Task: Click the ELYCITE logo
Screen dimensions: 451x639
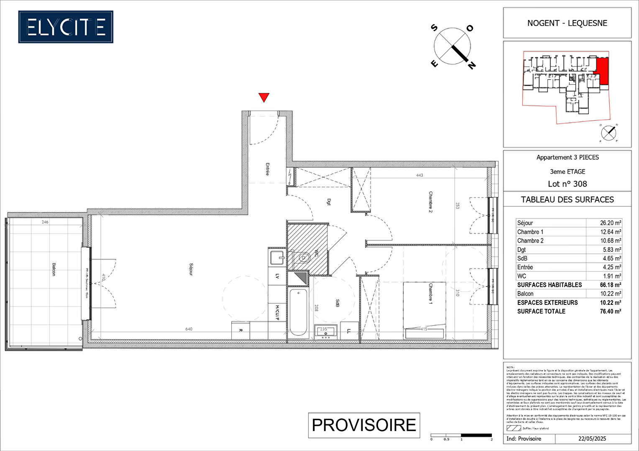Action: pyautogui.click(x=66, y=27)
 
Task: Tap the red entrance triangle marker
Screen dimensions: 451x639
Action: pyautogui.click(x=263, y=97)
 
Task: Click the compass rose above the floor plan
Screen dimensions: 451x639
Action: pyautogui.click(x=452, y=46)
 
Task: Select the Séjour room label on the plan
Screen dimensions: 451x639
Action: pyautogui.click(x=191, y=269)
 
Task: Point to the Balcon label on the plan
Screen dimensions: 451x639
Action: pyautogui.click(x=54, y=269)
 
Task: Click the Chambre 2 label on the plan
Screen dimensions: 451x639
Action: pyautogui.click(x=431, y=202)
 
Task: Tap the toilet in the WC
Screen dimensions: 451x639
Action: pyautogui.click(x=303, y=258)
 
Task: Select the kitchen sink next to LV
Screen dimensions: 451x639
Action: pyautogui.click(x=277, y=258)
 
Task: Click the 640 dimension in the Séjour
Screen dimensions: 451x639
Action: pyautogui.click(x=189, y=329)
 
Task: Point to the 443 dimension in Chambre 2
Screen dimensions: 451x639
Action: pyautogui.click(x=419, y=175)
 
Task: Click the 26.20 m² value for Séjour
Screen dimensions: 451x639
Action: pyautogui.click(x=610, y=223)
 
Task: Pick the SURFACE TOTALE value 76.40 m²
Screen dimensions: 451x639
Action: pyautogui.click(x=610, y=312)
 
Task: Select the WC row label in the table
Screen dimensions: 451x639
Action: pyautogui.click(x=521, y=276)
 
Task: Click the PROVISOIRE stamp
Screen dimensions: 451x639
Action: pyautogui.click(x=364, y=425)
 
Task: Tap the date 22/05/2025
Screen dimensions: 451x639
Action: pyautogui.click(x=592, y=439)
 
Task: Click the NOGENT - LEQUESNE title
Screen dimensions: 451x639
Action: pyautogui.click(x=567, y=23)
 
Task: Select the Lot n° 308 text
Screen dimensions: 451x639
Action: pyautogui.click(x=567, y=184)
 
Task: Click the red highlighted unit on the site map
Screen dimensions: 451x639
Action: pyautogui.click(x=602, y=71)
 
